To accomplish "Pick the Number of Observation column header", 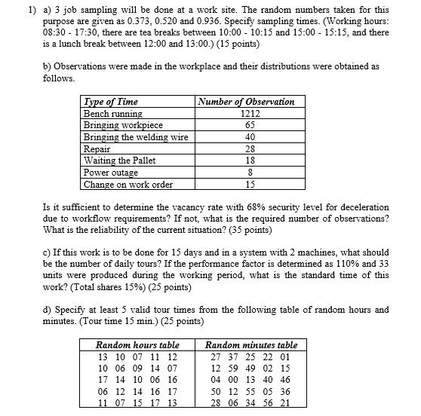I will pyautogui.click(x=245, y=102).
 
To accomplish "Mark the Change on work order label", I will pyautogui.click(x=128, y=184).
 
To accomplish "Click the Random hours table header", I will pyautogui.click(x=137, y=344).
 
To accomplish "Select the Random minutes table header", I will pyautogui.click(x=251, y=344).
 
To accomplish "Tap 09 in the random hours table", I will pyautogui.click(x=137, y=368).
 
